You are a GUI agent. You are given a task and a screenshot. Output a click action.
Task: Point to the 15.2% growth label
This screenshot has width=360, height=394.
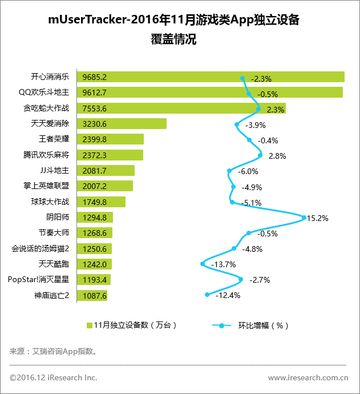[x=318, y=218]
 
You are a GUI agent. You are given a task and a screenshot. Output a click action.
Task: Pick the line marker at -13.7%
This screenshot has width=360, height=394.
[x=203, y=264]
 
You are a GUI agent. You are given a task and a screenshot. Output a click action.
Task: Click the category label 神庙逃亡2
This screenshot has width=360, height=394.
[x=52, y=295]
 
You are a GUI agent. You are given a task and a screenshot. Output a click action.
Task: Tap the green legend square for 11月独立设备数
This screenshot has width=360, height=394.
[x=89, y=325]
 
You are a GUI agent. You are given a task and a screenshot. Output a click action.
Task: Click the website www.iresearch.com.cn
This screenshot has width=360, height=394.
[x=308, y=377]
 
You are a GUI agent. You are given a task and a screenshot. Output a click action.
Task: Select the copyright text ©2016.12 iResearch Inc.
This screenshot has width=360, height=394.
[x=54, y=377]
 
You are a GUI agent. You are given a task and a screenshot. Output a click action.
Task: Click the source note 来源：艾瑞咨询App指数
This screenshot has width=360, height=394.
[x=54, y=351]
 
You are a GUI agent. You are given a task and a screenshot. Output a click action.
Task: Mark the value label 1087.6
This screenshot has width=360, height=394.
[x=95, y=295]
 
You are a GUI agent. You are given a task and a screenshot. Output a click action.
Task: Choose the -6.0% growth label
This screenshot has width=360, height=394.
[x=247, y=171]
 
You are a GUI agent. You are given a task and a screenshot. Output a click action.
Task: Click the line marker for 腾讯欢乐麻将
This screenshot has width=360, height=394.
[x=260, y=155]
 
